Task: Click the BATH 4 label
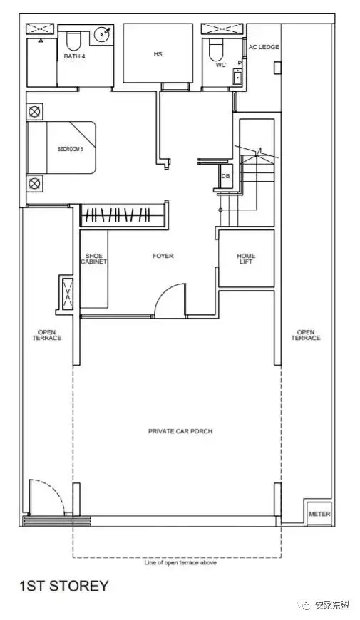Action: tap(74, 56)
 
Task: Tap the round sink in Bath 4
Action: tap(103, 35)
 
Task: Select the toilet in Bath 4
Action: tap(73, 41)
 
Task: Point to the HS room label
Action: tap(158, 53)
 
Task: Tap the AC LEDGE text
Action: tap(264, 47)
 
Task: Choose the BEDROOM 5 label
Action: tap(70, 149)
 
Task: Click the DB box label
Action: tap(225, 176)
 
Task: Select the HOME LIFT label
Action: tap(246, 259)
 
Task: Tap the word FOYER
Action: tap(163, 256)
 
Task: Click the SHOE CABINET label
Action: tap(94, 259)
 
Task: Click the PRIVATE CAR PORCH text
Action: tap(180, 431)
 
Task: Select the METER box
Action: tap(319, 514)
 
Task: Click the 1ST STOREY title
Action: tap(63, 586)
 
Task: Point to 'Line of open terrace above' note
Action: tap(180, 562)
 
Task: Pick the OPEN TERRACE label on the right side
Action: tap(305, 335)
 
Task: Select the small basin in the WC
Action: tap(237, 76)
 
